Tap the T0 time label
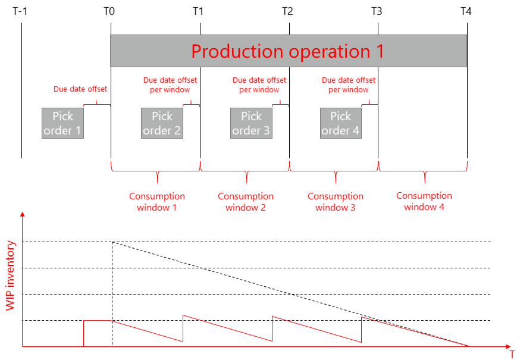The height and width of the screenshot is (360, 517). [x=110, y=11]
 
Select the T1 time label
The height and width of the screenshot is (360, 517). [x=199, y=11]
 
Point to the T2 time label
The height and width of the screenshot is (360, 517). [x=288, y=11]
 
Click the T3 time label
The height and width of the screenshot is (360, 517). [x=377, y=11]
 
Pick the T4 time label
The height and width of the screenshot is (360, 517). [x=466, y=11]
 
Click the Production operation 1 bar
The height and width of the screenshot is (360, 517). [x=288, y=51]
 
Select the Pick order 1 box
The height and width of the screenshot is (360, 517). [x=62, y=123]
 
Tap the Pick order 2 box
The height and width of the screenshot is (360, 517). [x=162, y=123]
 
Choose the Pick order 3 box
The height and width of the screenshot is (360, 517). [x=251, y=123]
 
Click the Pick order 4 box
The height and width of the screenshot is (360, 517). [x=341, y=123]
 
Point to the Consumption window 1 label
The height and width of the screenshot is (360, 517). [x=157, y=202]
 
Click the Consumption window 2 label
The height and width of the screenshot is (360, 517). [x=246, y=202]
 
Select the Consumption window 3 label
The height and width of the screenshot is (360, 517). [x=336, y=202]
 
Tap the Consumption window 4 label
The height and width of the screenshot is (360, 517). [x=424, y=201]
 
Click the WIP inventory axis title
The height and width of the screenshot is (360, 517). [x=10, y=276]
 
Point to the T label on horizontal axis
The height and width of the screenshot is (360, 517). [x=511, y=353]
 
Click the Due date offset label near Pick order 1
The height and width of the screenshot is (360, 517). [x=80, y=89]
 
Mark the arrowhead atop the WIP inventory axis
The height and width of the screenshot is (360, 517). [x=23, y=214]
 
